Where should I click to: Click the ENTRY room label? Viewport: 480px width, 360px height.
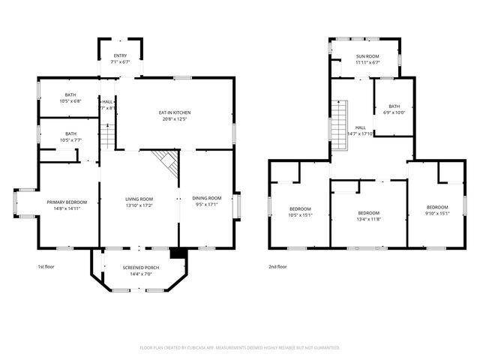(x=120, y=55)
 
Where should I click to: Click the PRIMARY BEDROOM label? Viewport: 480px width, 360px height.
(x=67, y=202)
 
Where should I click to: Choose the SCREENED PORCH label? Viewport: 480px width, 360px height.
(x=136, y=268)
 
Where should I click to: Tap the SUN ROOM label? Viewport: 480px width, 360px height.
(x=367, y=56)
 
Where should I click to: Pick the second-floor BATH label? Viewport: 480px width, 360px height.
(x=394, y=107)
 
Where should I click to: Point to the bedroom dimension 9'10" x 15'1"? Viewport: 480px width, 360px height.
(x=437, y=213)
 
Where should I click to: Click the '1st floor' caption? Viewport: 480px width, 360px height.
(x=46, y=266)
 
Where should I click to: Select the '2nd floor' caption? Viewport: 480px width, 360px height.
(x=277, y=266)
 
